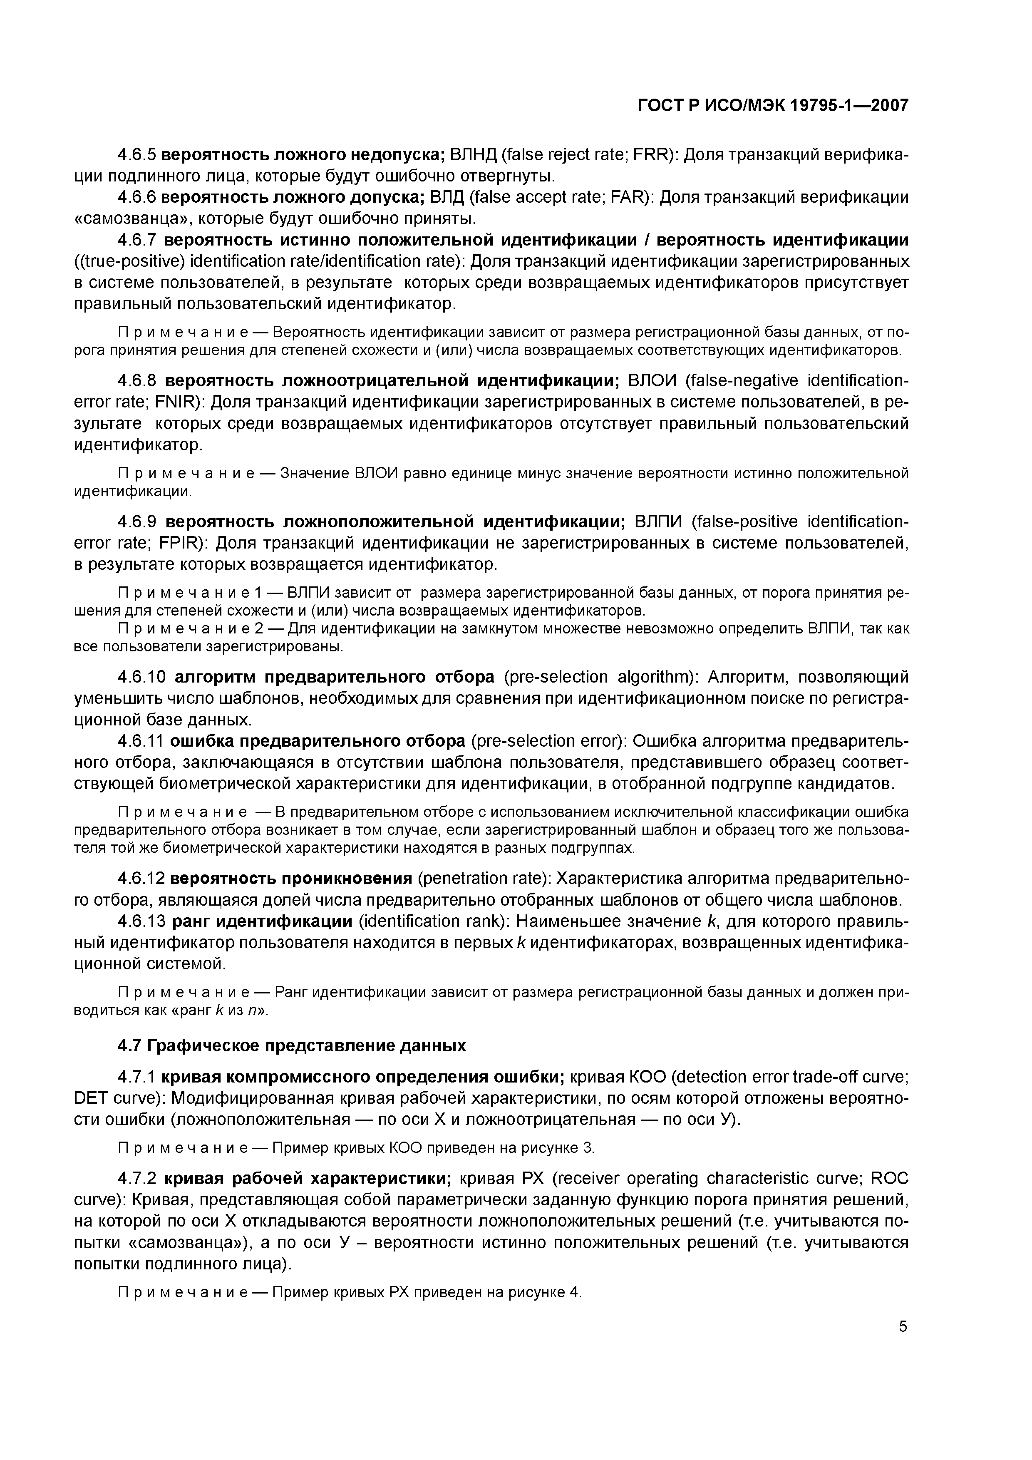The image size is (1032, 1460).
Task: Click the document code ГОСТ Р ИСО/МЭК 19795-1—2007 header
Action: (773, 106)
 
